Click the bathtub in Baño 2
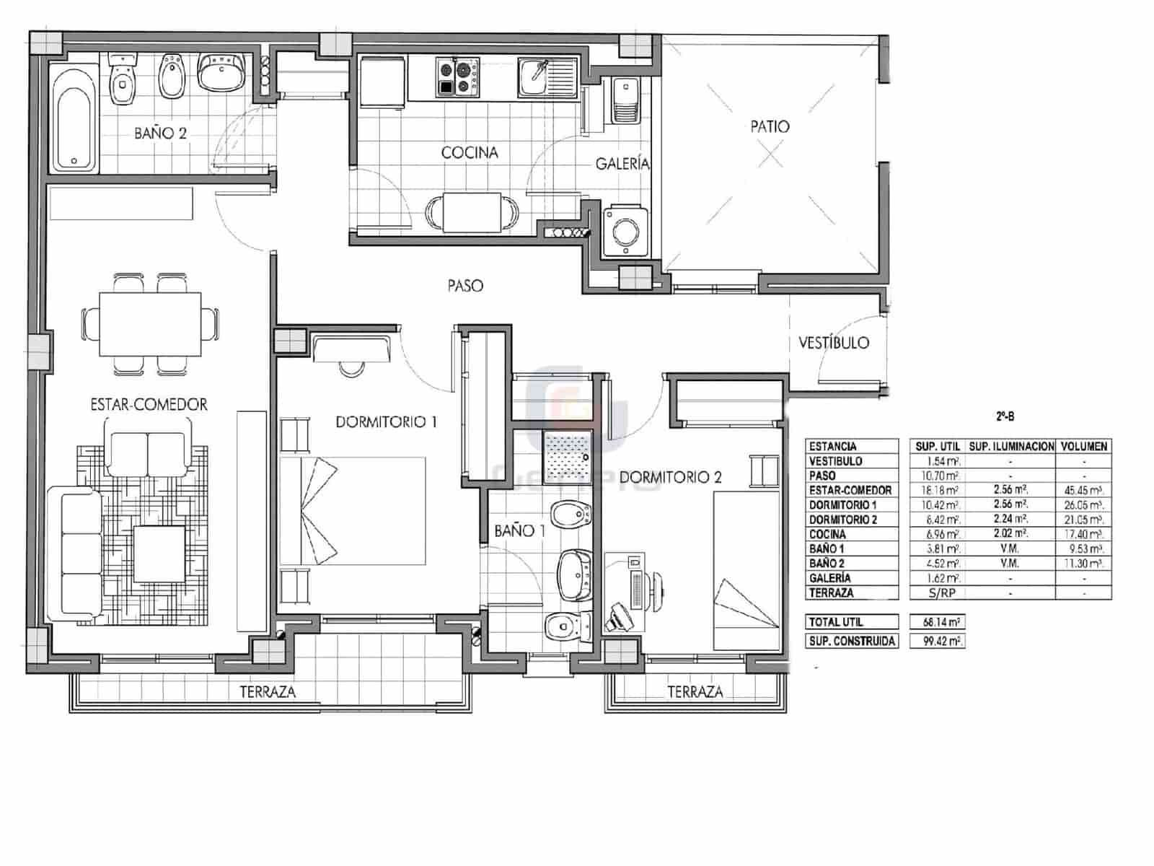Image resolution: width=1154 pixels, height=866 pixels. pos(75,117)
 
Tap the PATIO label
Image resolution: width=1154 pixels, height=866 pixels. pos(770,127)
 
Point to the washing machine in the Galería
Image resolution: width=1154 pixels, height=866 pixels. pos(622,231)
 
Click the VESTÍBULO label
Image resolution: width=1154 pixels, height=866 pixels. pos(834,344)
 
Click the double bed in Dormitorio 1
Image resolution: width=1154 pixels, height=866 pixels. pos(352,511)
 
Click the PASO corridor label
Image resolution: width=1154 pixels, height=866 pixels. pos(465,287)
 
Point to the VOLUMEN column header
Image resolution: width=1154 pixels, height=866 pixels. pos(1083,447)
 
